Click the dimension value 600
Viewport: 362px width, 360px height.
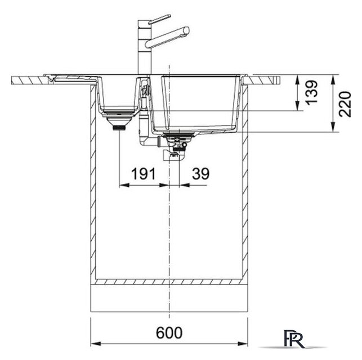point(169,333)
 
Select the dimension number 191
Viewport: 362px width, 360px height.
point(144,174)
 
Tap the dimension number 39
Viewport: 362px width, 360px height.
point(200,174)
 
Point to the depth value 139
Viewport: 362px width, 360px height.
point(311,92)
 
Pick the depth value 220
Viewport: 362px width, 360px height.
point(345,104)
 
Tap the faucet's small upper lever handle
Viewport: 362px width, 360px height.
point(159,19)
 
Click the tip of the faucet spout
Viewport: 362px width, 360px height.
point(187,30)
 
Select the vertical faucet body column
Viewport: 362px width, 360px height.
point(144,47)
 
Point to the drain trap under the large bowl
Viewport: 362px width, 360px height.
point(176,148)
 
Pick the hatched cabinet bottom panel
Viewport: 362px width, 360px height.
point(169,282)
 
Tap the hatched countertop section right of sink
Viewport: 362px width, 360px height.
point(262,80)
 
